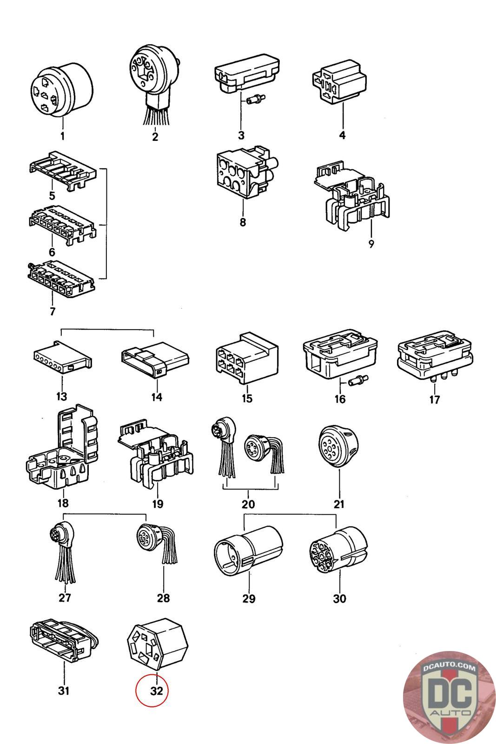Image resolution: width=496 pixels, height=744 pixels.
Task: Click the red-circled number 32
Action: coord(157,691)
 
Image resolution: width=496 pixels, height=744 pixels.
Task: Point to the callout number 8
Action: coord(242,222)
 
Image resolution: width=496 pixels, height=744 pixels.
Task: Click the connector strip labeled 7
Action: coord(60,280)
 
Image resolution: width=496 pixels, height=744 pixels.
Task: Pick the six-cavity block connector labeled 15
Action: coord(247,358)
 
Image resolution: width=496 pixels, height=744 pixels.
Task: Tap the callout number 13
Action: coord(61,397)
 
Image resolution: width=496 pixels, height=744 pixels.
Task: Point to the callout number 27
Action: coord(65,598)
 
